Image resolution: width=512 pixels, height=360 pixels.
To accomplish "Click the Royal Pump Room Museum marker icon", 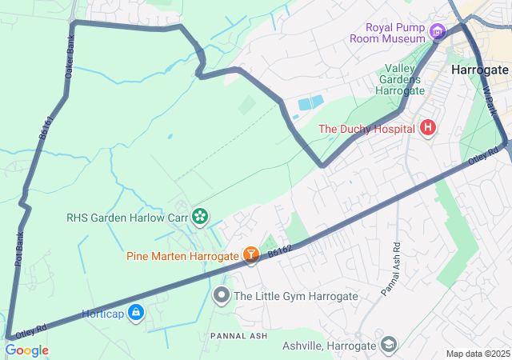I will point(437,32).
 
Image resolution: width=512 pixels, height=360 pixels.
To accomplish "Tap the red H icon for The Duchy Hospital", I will point(428,127).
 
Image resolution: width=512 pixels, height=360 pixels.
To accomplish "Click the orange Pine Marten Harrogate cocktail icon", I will point(251,255).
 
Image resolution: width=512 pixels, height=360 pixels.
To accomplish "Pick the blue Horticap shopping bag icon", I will point(136,312).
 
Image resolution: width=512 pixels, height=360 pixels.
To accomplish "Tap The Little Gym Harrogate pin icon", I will point(222,296).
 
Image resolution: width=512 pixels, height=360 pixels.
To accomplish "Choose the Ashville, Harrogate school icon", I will point(389,345).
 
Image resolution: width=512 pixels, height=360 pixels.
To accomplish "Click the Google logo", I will point(26,350).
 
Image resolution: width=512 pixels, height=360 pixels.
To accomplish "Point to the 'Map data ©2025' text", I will point(478,354).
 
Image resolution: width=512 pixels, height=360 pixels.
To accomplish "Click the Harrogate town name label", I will point(479,70).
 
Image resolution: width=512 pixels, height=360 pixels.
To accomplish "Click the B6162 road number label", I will point(281,251).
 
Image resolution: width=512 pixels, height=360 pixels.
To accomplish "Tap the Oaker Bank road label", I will point(70,61).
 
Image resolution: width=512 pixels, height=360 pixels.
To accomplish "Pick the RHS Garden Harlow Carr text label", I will point(126,216).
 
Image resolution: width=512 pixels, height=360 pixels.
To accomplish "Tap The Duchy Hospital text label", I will point(367,128).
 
